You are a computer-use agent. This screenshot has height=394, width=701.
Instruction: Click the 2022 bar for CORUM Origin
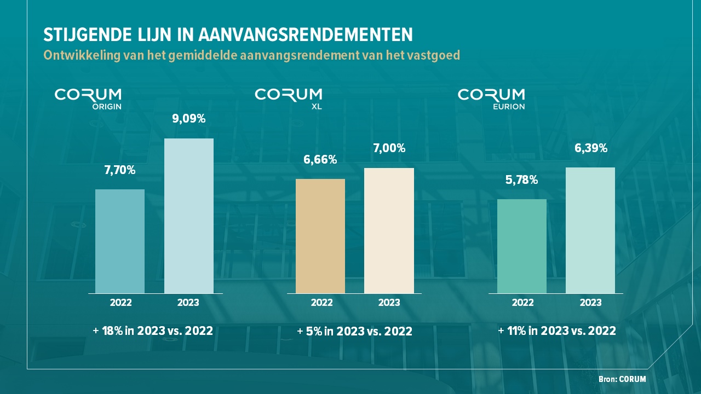(120, 241)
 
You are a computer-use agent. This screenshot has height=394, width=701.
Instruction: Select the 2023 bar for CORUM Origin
(189, 216)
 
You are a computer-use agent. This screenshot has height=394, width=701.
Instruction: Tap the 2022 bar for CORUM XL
(320, 236)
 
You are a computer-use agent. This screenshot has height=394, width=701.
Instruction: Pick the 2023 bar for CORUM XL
(389, 230)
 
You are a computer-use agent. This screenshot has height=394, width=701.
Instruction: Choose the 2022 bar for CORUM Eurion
(521, 246)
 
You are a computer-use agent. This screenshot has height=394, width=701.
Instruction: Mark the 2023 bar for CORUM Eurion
(590, 230)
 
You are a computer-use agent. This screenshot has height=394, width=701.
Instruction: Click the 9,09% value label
(189, 118)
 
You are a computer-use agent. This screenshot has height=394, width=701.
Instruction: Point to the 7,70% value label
(120, 170)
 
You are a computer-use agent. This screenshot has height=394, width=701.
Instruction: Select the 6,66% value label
(320, 160)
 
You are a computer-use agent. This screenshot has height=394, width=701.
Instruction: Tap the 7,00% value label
(389, 148)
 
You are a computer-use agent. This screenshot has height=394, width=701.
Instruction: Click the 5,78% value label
(521, 179)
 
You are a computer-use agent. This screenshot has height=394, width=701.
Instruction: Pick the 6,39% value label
(590, 148)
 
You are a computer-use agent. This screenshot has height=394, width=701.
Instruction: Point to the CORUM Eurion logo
(491, 99)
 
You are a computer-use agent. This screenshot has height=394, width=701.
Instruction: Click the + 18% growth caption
(153, 331)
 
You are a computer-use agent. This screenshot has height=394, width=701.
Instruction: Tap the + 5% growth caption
(354, 331)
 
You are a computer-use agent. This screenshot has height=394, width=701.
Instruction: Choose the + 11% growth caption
(557, 331)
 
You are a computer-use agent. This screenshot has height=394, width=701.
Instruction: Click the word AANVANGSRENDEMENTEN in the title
(305, 35)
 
